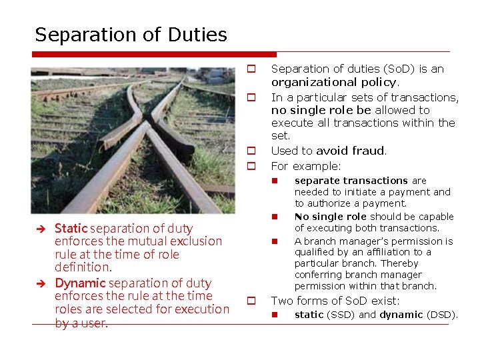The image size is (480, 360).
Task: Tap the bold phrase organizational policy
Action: (x=334, y=82)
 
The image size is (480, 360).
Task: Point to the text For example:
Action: (x=306, y=165)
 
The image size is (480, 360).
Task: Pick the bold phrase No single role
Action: (x=331, y=217)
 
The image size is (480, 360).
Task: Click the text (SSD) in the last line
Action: (x=341, y=315)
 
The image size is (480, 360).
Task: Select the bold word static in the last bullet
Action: (x=309, y=315)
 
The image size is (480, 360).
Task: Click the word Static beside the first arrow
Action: (x=70, y=229)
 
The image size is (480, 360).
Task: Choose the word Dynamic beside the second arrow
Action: (x=77, y=283)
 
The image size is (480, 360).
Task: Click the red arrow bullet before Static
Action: (x=40, y=229)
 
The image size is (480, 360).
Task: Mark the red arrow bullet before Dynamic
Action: (x=40, y=283)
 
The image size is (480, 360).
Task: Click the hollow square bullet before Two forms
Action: (x=253, y=301)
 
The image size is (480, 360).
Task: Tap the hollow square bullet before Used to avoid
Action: (x=253, y=151)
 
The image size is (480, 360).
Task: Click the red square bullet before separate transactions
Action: (x=274, y=181)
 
